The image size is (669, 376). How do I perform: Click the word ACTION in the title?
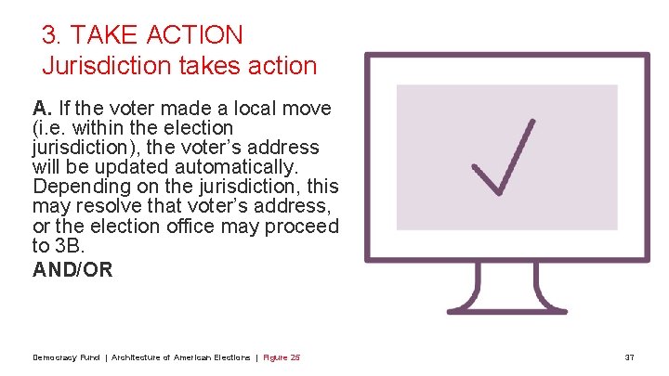coord(199,35)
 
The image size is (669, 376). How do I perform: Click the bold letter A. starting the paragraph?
coord(42,108)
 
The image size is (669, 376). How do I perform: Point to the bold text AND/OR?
coord(72,269)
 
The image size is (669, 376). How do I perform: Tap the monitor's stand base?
coord(507,305)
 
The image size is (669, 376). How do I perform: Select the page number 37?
coord(629,357)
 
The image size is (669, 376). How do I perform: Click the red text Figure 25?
coord(282,357)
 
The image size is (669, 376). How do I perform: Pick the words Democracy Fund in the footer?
coord(66,357)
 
